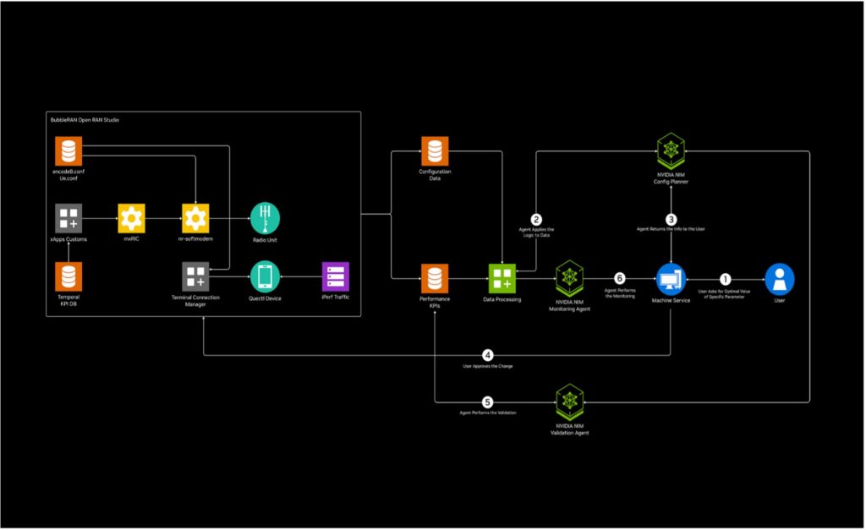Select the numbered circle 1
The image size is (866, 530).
[x=724, y=277]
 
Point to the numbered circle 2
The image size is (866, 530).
[x=535, y=219]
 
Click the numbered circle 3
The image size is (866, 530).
[x=671, y=219]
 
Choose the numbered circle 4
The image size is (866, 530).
[x=488, y=354]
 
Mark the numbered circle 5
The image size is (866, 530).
[x=488, y=402]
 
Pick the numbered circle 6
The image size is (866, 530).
[x=619, y=277]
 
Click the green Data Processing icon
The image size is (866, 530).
[x=502, y=277]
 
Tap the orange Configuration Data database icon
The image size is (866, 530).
[x=435, y=150]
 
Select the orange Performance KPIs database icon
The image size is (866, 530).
[x=435, y=277]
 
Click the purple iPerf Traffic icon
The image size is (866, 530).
[x=335, y=276]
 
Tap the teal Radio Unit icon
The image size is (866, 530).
[x=265, y=218]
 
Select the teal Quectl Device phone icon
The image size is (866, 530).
[x=265, y=276]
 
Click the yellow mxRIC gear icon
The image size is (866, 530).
[x=131, y=218]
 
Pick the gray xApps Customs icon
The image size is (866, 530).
[x=69, y=218]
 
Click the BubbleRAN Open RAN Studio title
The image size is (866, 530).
[x=85, y=120]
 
